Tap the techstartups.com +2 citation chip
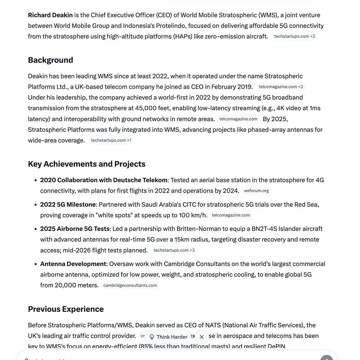tap(295, 36)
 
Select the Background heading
tap(50, 60)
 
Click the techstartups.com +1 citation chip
tap(111, 140)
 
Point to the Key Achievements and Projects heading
tap(86, 164)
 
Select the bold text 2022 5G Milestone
tap(68, 205)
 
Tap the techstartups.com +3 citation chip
tap(174, 250)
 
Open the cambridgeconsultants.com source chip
tap(130, 285)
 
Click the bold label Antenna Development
tap(73, 264)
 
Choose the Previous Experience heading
tap(66, 309)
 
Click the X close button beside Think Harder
tap(202, 337)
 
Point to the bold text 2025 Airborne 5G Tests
tap(75, 229)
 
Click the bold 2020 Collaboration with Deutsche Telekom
tap(103, 180)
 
